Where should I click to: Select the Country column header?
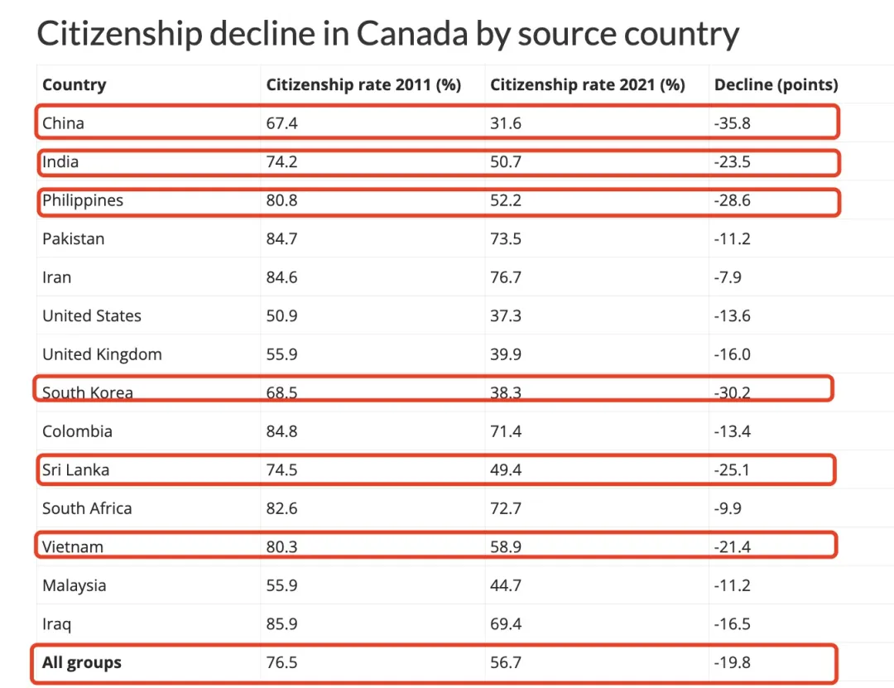click(x=74, y=84)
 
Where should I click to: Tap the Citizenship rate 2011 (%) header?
click(x=363, y=84)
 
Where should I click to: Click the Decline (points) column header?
click(x=776, y=84)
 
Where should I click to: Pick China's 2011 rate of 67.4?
click(x=281, y=123)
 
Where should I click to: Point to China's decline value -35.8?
click(x=732, y=123)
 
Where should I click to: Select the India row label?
click(x=60, y=161)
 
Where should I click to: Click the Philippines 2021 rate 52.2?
click(x=506, y=200)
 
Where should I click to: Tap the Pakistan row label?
click(x=74, y=238)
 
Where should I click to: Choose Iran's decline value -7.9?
click(x=728, y=277)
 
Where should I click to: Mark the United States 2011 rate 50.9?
click(x=281, y=315)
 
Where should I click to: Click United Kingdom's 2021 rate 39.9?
click(x=506, y=354)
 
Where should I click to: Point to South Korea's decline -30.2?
click(x=732, y=392)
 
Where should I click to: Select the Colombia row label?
click(x=77, y=431)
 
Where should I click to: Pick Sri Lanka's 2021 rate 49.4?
click(x=506, y=469)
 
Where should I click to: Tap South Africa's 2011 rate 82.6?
click(x=281, y=508)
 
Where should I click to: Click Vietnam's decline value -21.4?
click(x=732, y=546)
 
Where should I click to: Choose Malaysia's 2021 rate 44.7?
click(x=506, y=585)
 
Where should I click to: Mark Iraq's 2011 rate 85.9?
click(x=281, y=623)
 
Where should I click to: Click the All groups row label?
click(x=82, y=662)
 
